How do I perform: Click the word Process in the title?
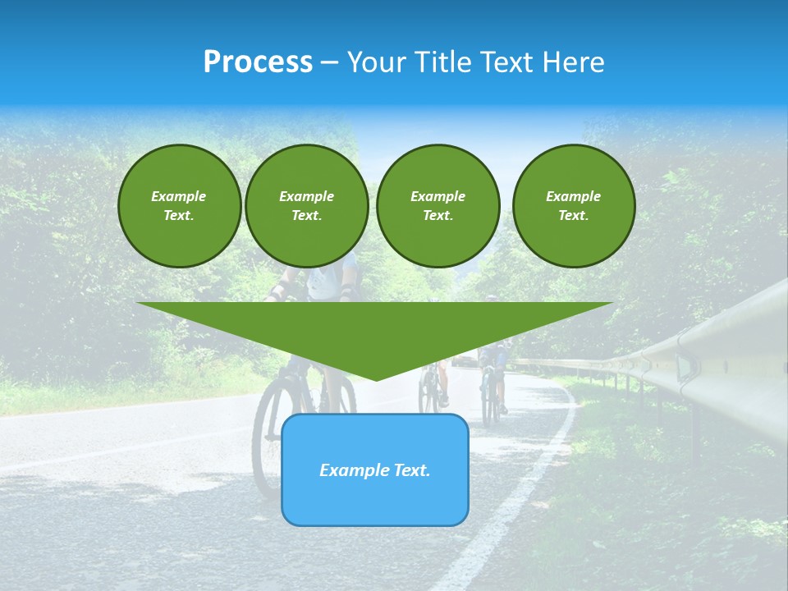click(258, 62)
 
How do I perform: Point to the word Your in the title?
click(375, 62)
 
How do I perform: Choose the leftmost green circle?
click(179, 206)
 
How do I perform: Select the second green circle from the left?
click(306, 206)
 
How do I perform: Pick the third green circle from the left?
click(438, 206)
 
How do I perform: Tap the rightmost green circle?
click(573, 206)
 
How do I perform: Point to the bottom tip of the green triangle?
click(375, 378)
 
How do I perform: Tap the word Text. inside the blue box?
click(410, 470)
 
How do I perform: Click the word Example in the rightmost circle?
click(573, 196)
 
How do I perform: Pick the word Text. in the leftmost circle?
click(179, 216)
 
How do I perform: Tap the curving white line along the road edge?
click(525, 492)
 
